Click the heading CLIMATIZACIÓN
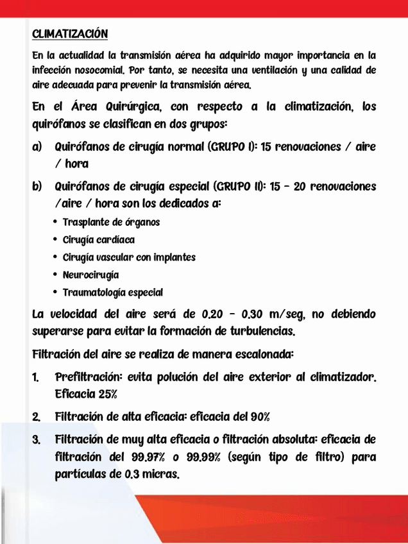click(x=69, y=33)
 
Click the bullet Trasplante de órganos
click(x=111, y=223)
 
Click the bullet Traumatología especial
click(x=112, y=293)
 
